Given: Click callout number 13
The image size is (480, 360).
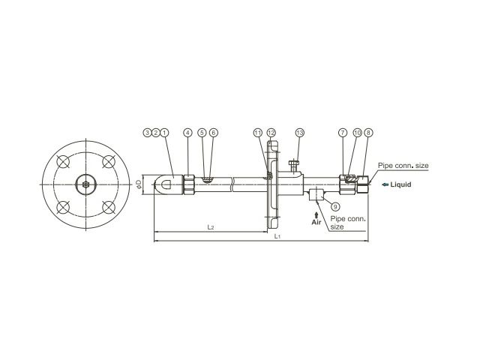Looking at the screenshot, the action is point(300,133).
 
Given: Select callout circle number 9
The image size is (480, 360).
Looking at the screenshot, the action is point(335,207).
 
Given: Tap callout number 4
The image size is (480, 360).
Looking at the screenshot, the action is point(188,133).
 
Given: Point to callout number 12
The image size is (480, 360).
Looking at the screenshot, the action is point(271,133).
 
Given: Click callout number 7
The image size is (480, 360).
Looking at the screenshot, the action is point(343,133).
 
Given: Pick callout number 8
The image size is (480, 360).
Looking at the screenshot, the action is point(368,133).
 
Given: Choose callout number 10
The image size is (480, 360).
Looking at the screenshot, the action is point(357,133).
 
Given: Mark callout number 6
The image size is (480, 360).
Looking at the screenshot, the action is point(214,133).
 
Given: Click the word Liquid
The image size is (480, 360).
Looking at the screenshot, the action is point(400,184).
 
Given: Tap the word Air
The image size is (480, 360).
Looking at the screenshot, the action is point(316,222).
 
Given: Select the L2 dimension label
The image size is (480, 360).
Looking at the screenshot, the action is point(210,226).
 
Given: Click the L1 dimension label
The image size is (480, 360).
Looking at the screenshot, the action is point(277,236).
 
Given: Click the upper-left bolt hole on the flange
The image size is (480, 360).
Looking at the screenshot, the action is point(63,162).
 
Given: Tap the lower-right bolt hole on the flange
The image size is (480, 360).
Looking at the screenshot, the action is point(108,207).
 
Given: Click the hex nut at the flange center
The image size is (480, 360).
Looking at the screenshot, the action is point(86,184).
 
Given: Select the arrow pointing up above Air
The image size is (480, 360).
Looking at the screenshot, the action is point(316,214).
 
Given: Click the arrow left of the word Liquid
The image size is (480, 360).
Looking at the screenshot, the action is point(385,184).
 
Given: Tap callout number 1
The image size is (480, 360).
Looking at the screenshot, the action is point(165,133).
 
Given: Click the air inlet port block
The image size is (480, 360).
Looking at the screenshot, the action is point(316,195).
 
